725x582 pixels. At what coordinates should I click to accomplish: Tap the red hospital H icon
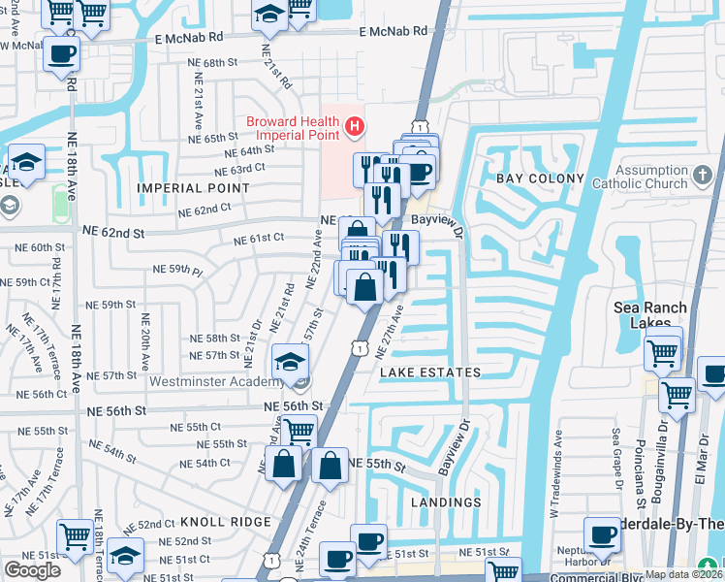(356, 126)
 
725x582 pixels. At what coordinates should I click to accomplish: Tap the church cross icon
(705, 175)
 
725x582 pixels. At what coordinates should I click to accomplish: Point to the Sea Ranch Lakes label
(650, 315)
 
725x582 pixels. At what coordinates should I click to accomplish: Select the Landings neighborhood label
(446, 502)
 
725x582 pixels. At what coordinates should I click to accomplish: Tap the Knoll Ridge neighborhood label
(212, 522)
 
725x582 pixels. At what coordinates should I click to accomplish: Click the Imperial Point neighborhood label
(194, 187)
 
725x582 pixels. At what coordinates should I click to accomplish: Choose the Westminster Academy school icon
(289, 362)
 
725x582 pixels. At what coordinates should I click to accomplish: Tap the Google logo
(32, 570)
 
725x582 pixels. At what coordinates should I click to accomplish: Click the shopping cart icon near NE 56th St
(299, 430)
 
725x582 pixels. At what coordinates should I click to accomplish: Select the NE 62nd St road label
(113, 233)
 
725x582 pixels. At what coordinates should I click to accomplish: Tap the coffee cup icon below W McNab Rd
(62, 54)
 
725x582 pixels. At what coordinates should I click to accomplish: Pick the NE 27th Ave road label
(391, 333)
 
